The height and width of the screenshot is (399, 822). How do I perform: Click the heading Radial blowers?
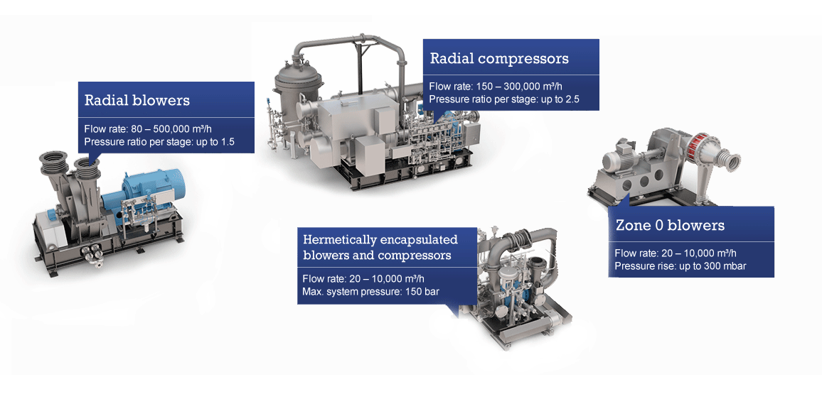pyautogui.click(x=137, y=100)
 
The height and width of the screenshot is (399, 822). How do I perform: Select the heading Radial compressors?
pyautogui.click(x=499, y=58)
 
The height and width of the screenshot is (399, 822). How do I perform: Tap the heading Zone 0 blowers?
pyautogui.click(x=670, y=226)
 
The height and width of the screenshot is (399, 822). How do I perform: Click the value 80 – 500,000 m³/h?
pyautogui.click(x=181, y=129)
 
